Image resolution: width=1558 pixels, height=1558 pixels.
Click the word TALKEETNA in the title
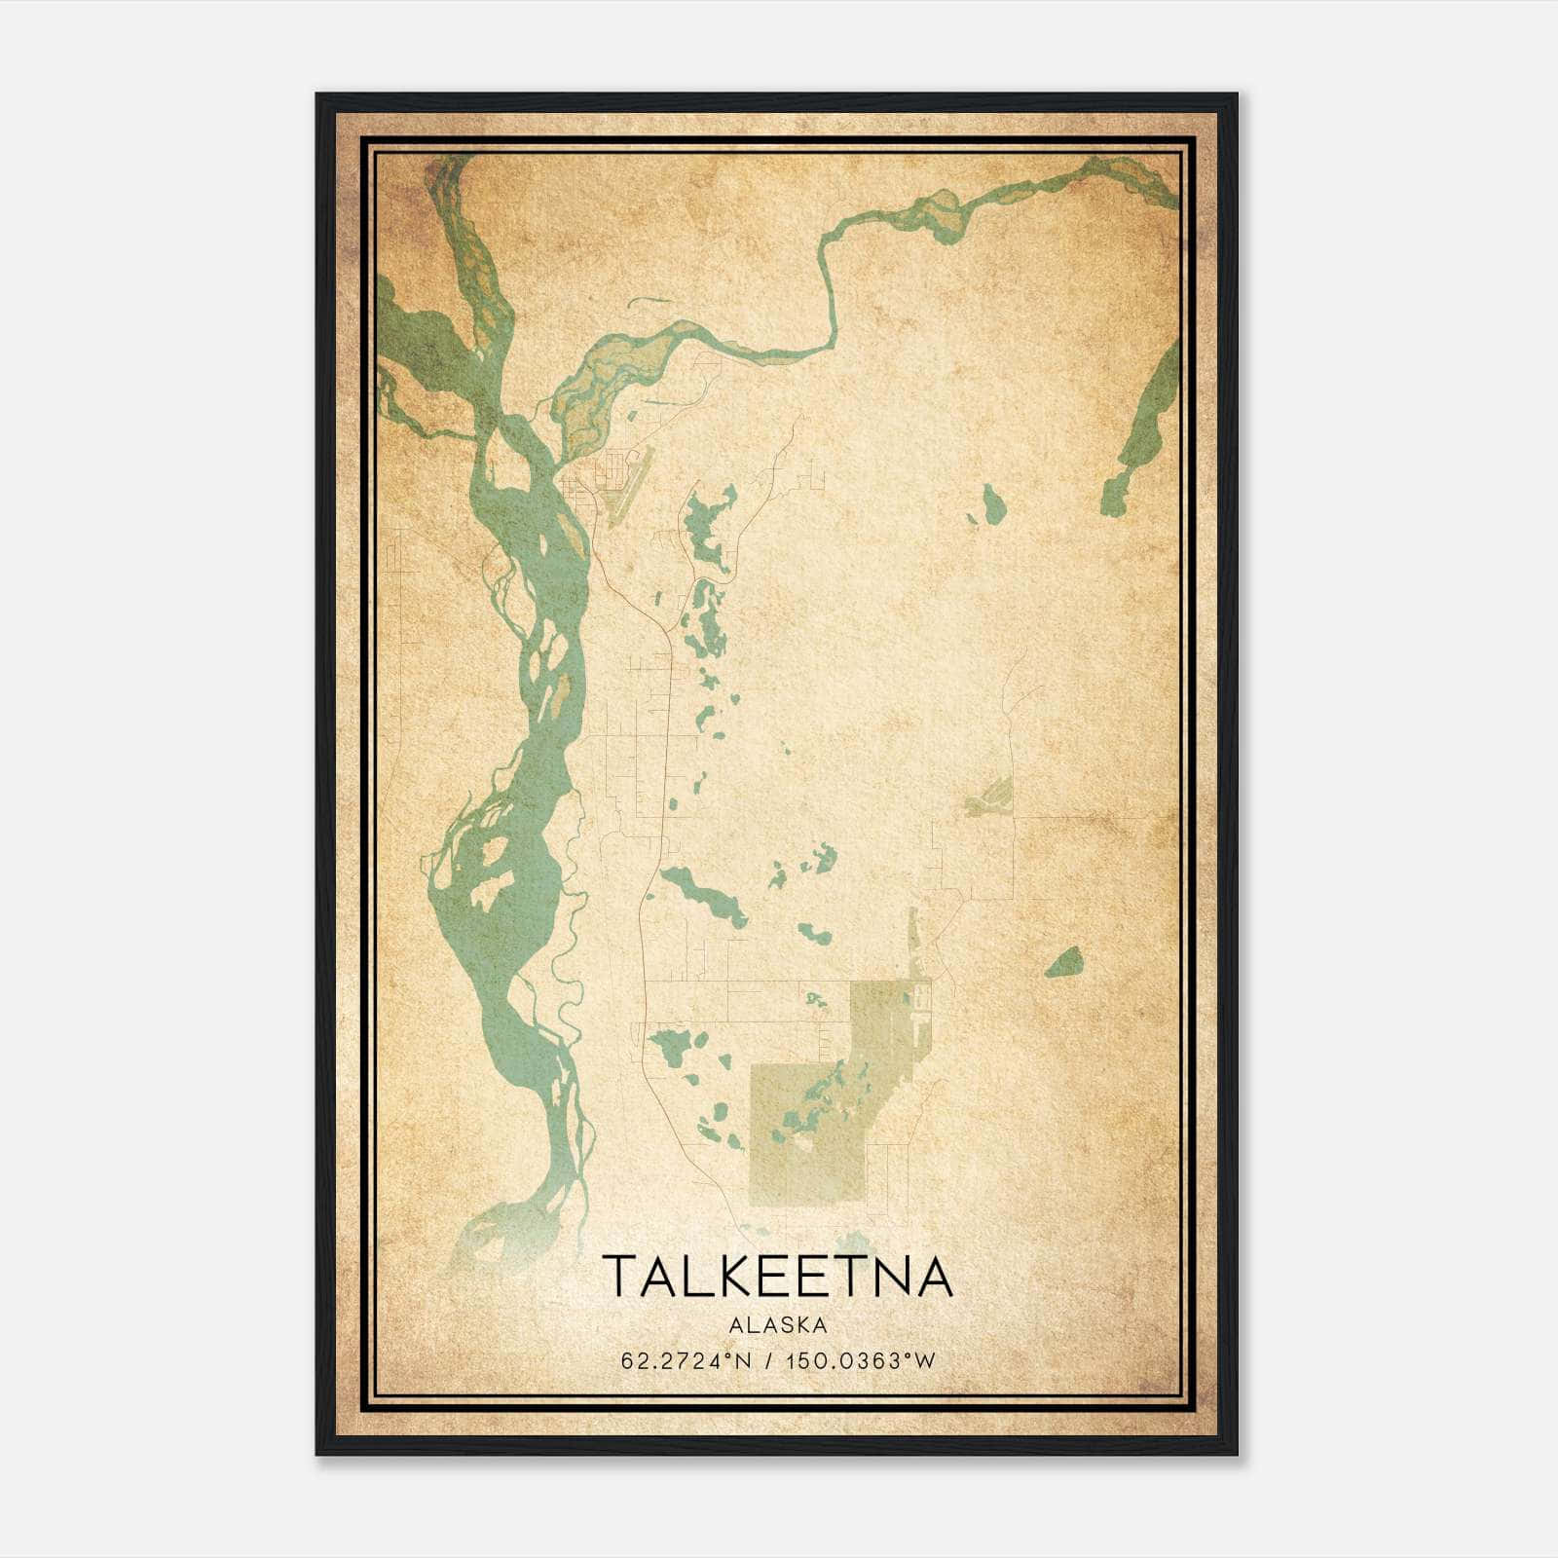(777, 1277)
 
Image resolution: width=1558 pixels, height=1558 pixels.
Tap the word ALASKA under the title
(777, 1325)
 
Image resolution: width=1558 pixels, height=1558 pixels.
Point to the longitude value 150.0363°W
(860, 1361)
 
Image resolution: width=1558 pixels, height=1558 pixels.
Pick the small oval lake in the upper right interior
(992, 504)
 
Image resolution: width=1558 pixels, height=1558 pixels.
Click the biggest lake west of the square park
(671, 1049)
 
